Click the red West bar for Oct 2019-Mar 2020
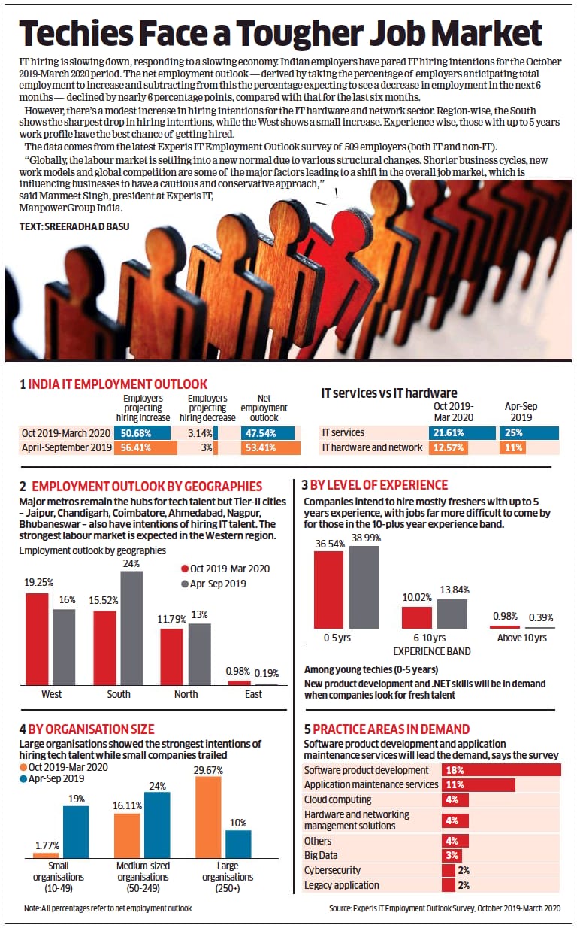pos(38,638)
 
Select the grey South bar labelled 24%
pos(132,628)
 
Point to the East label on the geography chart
pos(253,694)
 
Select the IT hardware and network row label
pos(372,448)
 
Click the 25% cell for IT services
pos(529,433)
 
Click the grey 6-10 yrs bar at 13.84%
pos(452,613)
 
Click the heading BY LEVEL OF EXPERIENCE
pos(381,485)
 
